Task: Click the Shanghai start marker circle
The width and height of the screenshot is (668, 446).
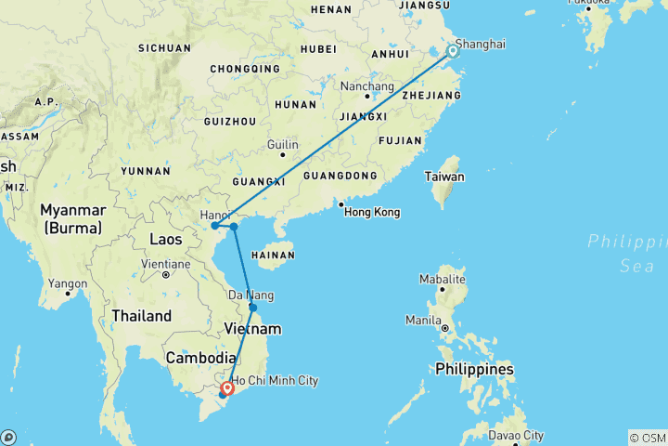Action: pos(453,51)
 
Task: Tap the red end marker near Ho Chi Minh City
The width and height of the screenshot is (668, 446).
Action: pos(226,388)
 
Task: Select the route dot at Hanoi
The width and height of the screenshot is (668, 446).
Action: pos(214,225)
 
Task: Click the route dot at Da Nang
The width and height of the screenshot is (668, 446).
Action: pos(253,308)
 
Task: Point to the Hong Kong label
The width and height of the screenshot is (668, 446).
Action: pos(371,213)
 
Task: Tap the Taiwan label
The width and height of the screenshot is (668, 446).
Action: pos(444,177)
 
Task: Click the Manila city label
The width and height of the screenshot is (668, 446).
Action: pos(423,321)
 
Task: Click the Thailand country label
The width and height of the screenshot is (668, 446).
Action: pos(142,316)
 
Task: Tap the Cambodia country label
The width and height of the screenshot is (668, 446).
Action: pos(201,358)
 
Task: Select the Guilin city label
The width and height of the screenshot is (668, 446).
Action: pos(282,145)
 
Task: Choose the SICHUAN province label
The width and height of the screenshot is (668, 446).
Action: pos(164,47)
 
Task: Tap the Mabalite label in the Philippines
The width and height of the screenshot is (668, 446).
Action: pos(442,279)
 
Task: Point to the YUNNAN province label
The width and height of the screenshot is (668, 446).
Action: pos(145,171)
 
